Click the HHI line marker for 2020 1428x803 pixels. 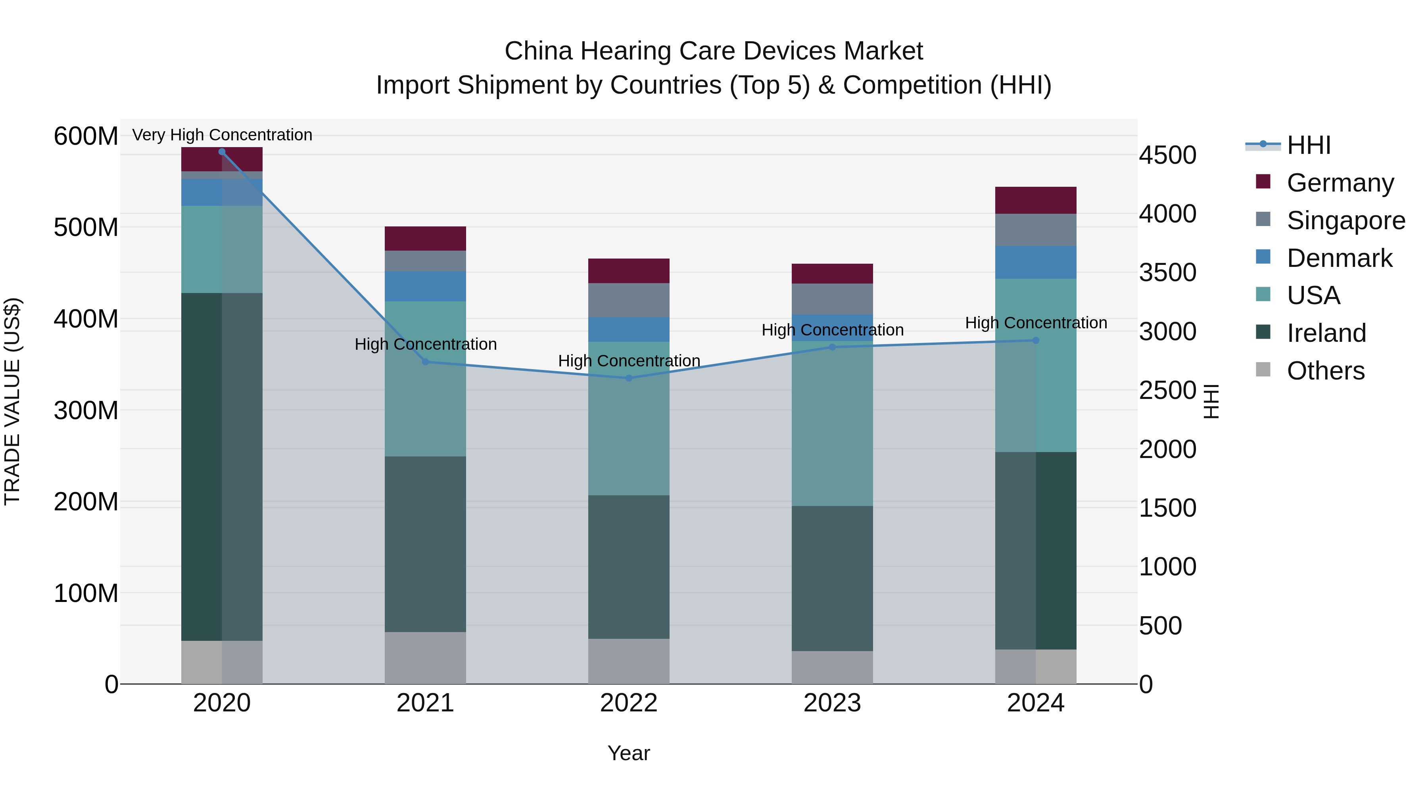pos(222,151)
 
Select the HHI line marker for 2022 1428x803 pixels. pos(629,378)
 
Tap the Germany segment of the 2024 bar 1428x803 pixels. pos(1036,200)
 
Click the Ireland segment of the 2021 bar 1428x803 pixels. pos(425,544)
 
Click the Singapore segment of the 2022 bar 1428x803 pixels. pos(629,300)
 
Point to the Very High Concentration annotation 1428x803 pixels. pos(222,135)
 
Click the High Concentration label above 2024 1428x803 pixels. pos(1036,322)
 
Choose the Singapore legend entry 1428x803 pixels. pos(1345,220)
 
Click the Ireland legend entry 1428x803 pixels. pos(1326,333)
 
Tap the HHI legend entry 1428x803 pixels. pos(1308,145)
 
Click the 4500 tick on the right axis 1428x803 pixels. pos(1167,155)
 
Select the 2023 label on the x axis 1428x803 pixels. pos(832,703)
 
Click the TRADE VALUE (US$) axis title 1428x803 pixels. pos(13,401)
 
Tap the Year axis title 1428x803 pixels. pos(629,753)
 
